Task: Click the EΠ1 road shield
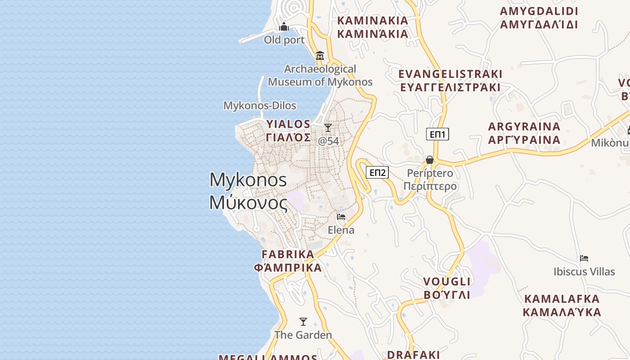437,134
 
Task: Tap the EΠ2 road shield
377,172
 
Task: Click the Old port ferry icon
284,27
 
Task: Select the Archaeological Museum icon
320,56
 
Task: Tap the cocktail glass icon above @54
328,128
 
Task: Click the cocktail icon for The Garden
303,322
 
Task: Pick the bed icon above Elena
341,217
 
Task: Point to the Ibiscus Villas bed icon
584,258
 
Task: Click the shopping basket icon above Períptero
430,160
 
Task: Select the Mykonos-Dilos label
260,106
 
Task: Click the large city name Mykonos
248,180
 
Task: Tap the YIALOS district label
288,124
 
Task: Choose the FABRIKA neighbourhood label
288,255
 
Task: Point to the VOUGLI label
447,282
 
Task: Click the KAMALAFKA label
562,299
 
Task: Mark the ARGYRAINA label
524,126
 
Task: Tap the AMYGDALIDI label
539,11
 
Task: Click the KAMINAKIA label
373,21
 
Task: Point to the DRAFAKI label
413,355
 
